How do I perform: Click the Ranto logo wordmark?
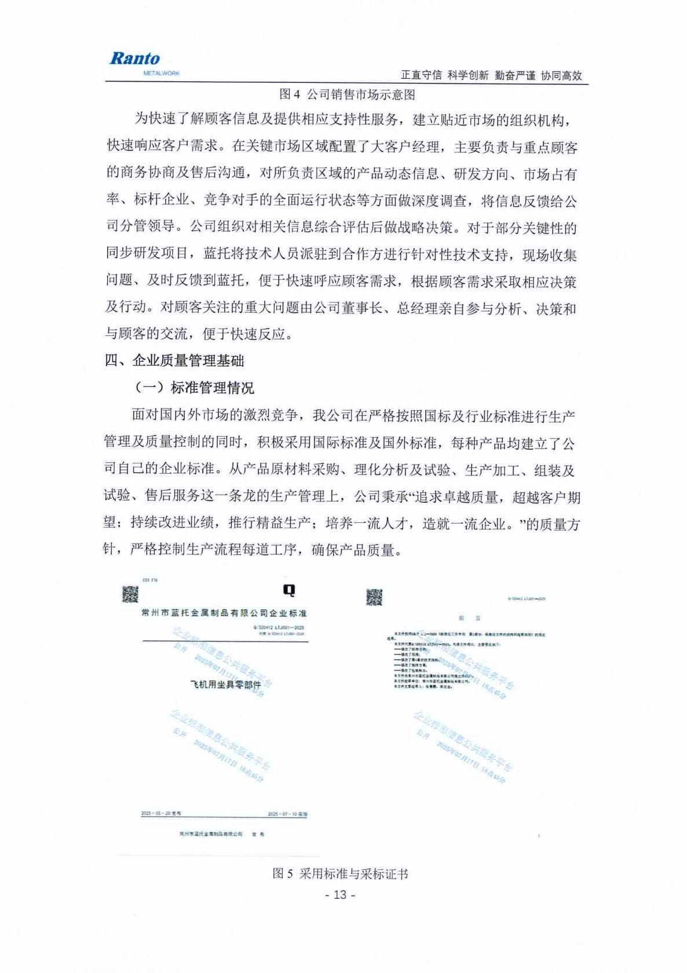(134, 58)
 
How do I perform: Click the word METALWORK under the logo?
(161, 74)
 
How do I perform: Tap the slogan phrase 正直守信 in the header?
(421, 75)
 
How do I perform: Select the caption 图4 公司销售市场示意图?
(347, 94)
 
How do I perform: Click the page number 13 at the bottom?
(340, 895)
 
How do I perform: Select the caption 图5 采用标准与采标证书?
(341, 874)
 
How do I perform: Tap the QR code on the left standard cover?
(130, 594)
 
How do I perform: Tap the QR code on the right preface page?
(374, 597)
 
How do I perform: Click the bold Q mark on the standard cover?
(288, 590)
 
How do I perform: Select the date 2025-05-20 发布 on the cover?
(161, 814)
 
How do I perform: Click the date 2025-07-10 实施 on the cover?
(287, 814)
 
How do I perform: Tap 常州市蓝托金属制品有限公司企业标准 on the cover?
(224, 613)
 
